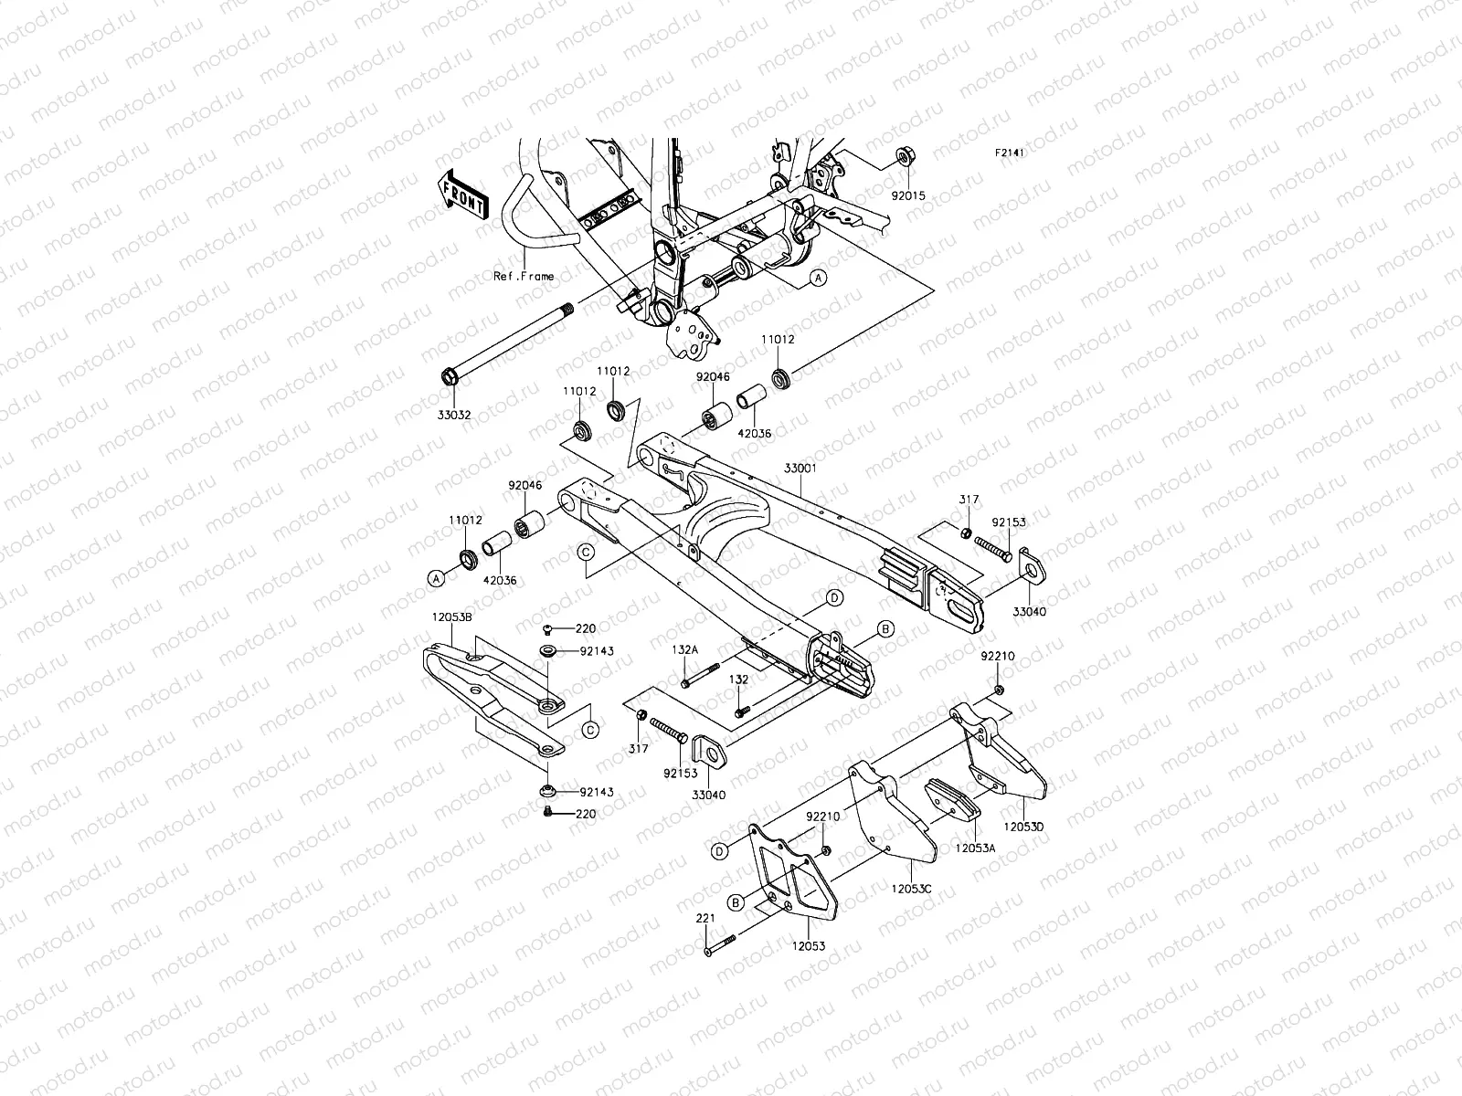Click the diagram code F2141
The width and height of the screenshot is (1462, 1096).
click(1010, 153)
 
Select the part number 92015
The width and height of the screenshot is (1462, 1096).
click(909, 195)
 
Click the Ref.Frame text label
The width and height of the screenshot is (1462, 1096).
click(524, 276)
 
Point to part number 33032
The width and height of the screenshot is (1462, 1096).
click(454, 415)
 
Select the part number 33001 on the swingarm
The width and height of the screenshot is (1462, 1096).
click(800, 467)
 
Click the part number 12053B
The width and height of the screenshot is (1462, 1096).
click(452, 617)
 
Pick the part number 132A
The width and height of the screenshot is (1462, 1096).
click(684, 648)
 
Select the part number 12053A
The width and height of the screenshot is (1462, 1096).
click(975, 848)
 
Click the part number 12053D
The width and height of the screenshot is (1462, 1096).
click(1024, 827)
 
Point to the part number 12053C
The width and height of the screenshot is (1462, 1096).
click(912, 887)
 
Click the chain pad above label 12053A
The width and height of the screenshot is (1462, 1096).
click(953, 797)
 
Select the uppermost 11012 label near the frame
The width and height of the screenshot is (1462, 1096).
click(779, 339)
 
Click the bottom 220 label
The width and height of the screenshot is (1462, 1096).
click(585, 813)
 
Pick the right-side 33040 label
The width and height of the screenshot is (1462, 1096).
click(1029, 612)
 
